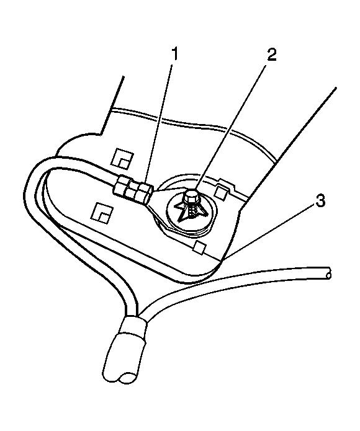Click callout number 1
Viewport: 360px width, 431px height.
(x=174, y=55)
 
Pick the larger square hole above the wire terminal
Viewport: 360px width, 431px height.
(x=122, y=158)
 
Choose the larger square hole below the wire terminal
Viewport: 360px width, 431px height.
(x=102, y=212)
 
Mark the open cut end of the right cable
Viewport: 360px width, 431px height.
(x=328, y=273)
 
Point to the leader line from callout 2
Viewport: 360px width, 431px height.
(x=232, y=125)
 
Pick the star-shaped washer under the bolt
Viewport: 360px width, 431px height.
(x=192, y=210)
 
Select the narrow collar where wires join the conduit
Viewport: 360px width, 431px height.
(x=135, y=325)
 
